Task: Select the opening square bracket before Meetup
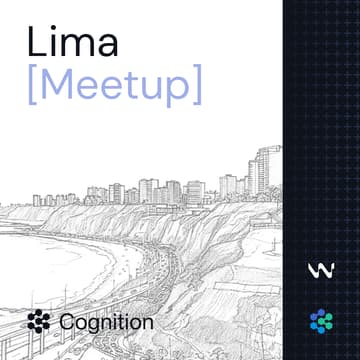pyautogui.click(x=33, y=86)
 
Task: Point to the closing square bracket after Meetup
pyautogui.click(x=197, y=86)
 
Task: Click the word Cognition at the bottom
pyautogui.click(x=106, y=322)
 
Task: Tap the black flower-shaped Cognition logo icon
pyautogui.click(x=40, y=322)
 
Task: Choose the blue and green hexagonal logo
pyautogui.click(x=319, y=321)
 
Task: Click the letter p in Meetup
pyautogui.click(x=180, y=90)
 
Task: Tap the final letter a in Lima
pyautogui.click(x=107, y=46)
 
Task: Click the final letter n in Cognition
pyautogui.click(x=148, y=324)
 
